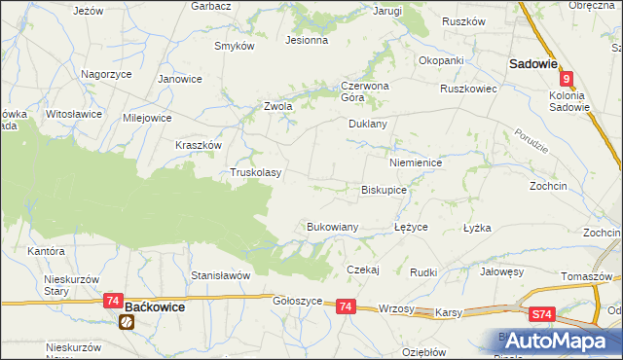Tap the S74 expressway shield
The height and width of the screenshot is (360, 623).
(x=543, y=315)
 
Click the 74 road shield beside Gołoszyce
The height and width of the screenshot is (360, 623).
(x=346, y=306)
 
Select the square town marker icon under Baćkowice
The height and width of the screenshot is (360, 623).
(x=127, y=322)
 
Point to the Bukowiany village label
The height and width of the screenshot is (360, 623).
(x=333, y=227)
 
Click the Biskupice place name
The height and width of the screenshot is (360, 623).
(x=384, y=191)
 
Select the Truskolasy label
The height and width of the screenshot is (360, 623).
(x=255, y=173)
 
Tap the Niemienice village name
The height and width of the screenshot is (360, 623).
(x=416, y=162)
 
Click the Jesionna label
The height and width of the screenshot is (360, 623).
(x=305, y=41)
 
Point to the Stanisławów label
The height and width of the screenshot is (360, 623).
(x=221, y=275)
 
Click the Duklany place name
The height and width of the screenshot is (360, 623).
(x=368, y=125)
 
